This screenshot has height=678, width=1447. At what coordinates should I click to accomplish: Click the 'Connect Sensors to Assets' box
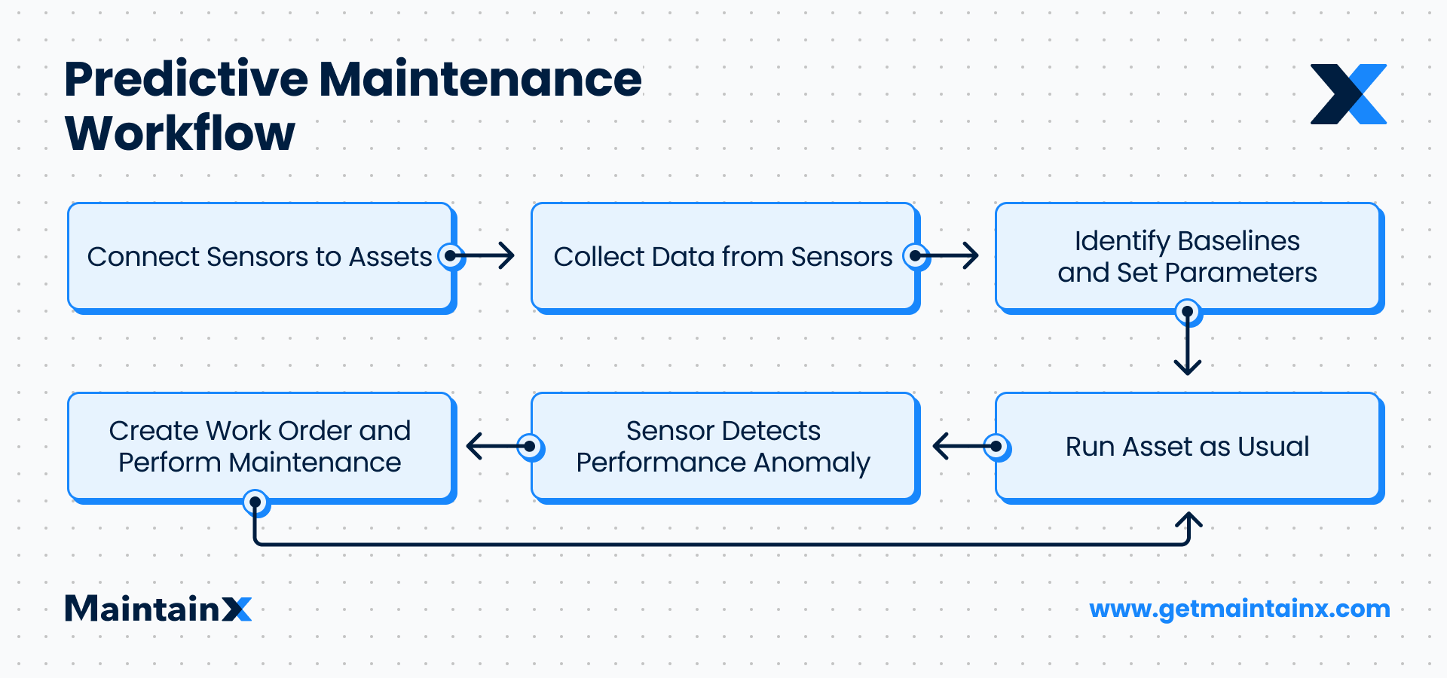260,256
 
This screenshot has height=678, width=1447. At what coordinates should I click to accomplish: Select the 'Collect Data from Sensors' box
723,256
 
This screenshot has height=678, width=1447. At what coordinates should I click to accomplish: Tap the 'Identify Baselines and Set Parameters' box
1187,256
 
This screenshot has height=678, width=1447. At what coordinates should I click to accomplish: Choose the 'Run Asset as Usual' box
1187,446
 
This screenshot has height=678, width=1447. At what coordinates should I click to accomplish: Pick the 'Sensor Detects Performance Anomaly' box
723,446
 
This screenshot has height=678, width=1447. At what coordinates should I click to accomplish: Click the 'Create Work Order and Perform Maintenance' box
260,446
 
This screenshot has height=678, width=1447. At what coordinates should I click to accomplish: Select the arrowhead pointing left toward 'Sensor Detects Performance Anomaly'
939,446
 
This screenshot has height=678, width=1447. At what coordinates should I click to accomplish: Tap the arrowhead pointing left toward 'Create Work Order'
473,446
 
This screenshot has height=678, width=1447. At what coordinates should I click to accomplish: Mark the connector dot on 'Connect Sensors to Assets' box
451,256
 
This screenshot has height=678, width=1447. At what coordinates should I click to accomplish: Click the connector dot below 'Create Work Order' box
255,502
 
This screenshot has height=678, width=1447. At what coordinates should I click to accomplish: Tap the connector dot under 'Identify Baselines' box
1188,311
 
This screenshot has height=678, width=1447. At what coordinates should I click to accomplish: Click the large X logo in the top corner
1348,94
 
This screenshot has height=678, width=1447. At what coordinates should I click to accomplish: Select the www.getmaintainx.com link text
1240,609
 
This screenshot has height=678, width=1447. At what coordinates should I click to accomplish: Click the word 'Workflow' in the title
180,133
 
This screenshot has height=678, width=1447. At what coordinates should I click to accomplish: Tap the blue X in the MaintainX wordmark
237,609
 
